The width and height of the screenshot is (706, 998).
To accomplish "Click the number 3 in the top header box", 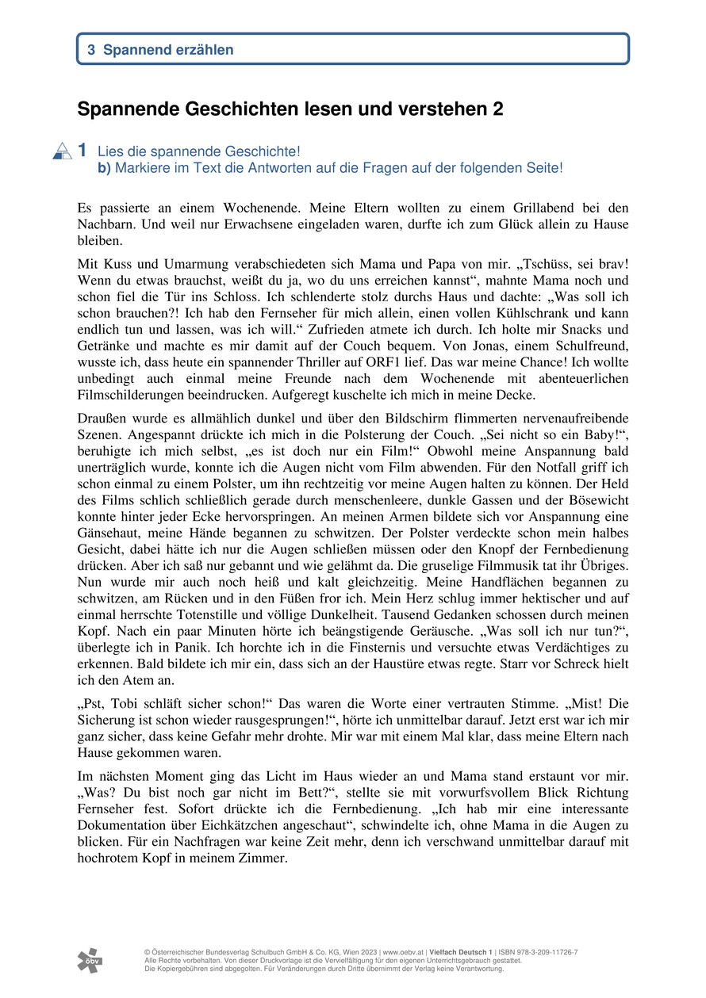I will (91, 50).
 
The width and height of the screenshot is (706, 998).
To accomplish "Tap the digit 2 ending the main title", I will (498, 109).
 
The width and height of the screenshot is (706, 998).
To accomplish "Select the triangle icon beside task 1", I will (62, 151).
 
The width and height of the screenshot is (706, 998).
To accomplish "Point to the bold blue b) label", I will (104, 168).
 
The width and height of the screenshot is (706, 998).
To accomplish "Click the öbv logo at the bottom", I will (90, 960).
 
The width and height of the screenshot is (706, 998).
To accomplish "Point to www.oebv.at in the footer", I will (405, 952).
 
